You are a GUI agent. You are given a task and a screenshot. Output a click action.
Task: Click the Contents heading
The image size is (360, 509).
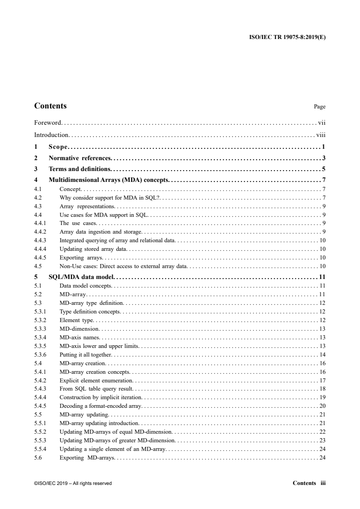pos(50,106)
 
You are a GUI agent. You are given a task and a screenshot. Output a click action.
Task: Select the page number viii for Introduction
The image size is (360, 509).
pos(321,135)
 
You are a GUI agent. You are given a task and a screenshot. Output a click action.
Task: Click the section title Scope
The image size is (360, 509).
pos(58,147)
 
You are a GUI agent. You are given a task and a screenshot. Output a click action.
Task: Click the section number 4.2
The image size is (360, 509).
pos(38,198)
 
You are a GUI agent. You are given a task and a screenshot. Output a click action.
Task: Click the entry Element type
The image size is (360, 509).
pos(76,320)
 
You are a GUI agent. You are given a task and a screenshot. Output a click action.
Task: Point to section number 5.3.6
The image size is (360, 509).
pos(40,354)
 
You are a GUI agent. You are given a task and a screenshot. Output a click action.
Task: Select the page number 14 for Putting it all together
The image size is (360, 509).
pos(322,354)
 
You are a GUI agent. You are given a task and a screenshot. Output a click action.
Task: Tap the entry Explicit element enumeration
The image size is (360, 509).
pos(96,380)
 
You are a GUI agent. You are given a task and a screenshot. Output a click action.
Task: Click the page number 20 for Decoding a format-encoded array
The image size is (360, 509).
pos(322,406)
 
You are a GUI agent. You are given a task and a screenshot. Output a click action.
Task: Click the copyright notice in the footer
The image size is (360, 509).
pos(73,483)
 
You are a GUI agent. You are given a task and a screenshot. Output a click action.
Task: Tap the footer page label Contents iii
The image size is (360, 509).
pos(309,483)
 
